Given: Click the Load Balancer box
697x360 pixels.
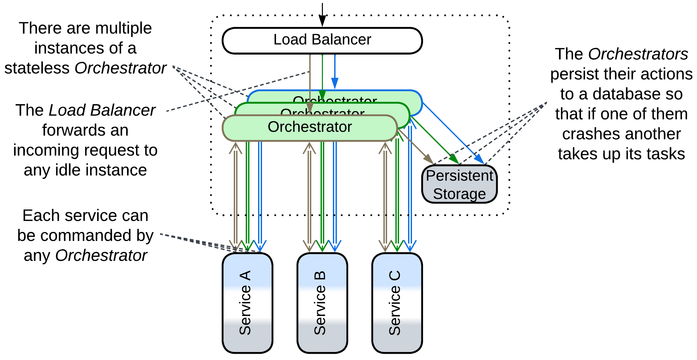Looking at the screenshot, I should click(322, 40).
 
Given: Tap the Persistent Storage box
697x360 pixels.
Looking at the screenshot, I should click(459, 184).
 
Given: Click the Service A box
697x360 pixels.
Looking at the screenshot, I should click(247, 303).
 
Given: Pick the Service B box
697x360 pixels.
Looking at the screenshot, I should click(322, 303).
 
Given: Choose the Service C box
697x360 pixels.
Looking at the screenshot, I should click(397, 303).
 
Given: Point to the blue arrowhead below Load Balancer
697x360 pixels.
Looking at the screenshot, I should click(335, 83).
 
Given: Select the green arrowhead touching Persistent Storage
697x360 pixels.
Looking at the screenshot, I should click(454, 159).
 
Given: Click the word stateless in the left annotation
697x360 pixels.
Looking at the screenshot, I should click(37, 68).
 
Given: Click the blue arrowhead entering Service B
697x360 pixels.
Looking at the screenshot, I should click(335, 246).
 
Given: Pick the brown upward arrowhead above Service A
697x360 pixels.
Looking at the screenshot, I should click(235, 148).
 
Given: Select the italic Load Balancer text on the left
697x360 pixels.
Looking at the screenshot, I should click(102, 110).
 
